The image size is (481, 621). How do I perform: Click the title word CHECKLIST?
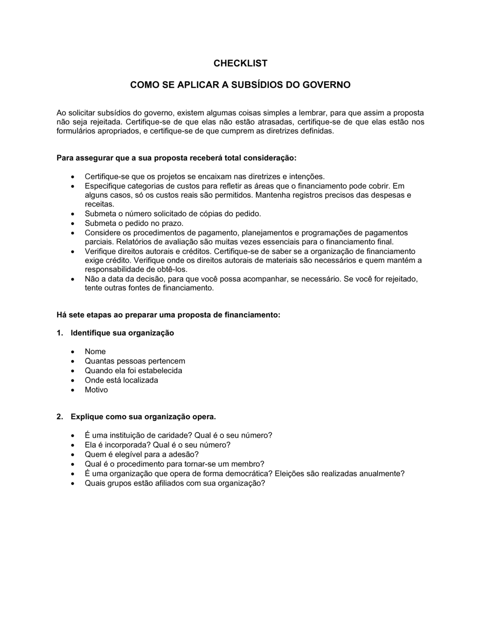point(240,63)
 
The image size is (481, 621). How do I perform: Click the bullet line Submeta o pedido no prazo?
point(134,223)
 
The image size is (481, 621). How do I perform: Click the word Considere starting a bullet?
point(102,233)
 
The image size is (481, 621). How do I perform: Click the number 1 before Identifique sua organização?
point(59,333)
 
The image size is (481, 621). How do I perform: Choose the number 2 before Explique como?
point(59,417)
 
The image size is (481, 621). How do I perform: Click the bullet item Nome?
point(95,352)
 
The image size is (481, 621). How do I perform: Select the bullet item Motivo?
point(96,390)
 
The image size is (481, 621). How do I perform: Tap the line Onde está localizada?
point(121,380)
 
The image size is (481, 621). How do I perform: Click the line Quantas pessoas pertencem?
point(135,361)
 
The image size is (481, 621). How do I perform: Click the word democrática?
point(251,474)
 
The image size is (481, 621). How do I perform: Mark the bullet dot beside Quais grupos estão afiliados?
point(73,483)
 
